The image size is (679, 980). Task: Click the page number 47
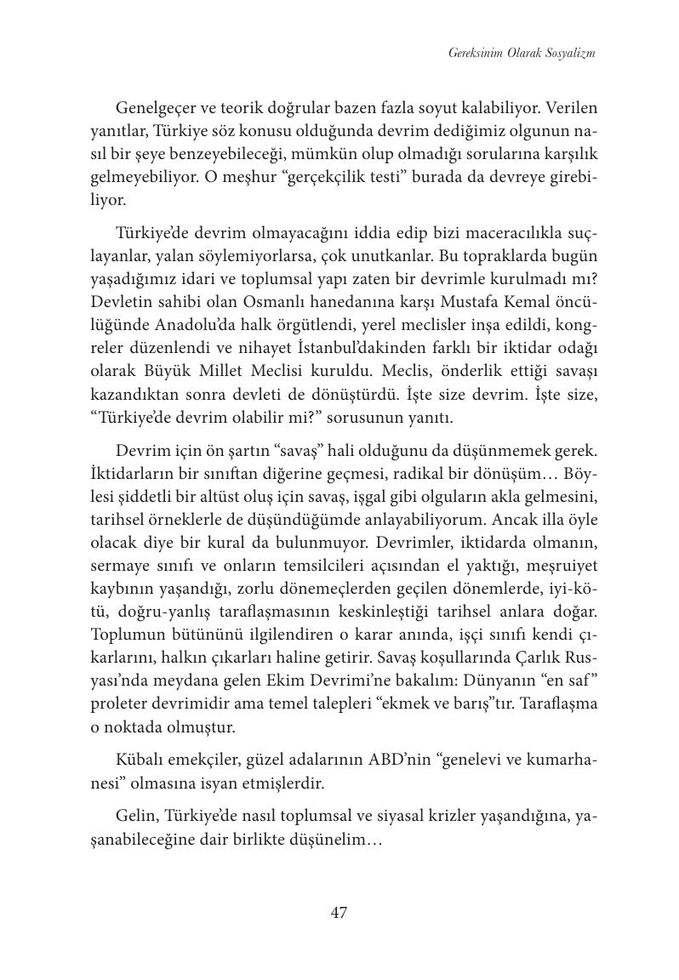[x=339, y=913]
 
